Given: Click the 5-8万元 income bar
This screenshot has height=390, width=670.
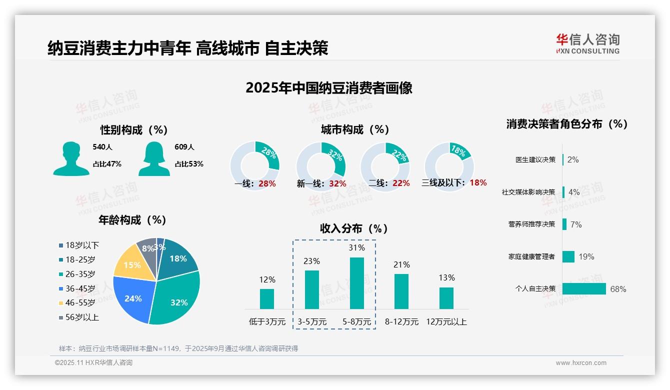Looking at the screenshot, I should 356,283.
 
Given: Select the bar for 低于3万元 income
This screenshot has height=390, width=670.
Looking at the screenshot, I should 267,298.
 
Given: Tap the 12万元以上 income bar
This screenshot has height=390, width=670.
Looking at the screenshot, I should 446,298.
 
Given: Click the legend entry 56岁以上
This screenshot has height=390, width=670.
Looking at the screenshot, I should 78,317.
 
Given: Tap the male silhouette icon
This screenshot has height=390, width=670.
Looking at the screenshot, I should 71,158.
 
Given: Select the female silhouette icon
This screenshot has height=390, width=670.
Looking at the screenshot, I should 154,158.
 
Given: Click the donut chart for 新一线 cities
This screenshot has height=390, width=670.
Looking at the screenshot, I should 320,166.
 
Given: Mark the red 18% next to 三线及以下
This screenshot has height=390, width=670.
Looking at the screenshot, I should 478,183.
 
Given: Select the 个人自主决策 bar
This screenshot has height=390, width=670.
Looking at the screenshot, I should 583,289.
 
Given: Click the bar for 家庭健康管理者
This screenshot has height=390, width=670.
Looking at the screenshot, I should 568,256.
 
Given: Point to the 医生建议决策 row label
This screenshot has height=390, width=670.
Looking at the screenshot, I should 535,160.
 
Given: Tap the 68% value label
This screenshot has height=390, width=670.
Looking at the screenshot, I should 618,289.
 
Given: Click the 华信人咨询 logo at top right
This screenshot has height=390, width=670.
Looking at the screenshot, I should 587,43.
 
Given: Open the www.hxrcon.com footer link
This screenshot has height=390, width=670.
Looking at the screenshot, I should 581,363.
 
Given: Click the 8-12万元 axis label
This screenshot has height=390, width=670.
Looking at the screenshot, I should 401,322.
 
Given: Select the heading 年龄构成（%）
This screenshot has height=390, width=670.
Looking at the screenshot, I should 132,220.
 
